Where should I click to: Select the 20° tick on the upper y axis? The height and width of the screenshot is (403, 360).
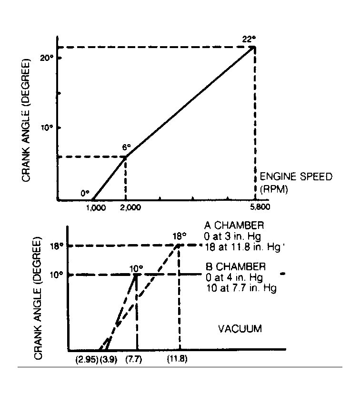pyautogui.click(x=46, y=58)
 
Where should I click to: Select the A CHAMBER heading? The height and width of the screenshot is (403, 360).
pyautogui.click(x=227, y=225)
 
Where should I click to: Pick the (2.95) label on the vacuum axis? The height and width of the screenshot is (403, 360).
pyautogui.click(x=86, y=359)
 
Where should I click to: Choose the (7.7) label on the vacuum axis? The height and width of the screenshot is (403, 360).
pyautogui.click(x=137, y=359)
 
